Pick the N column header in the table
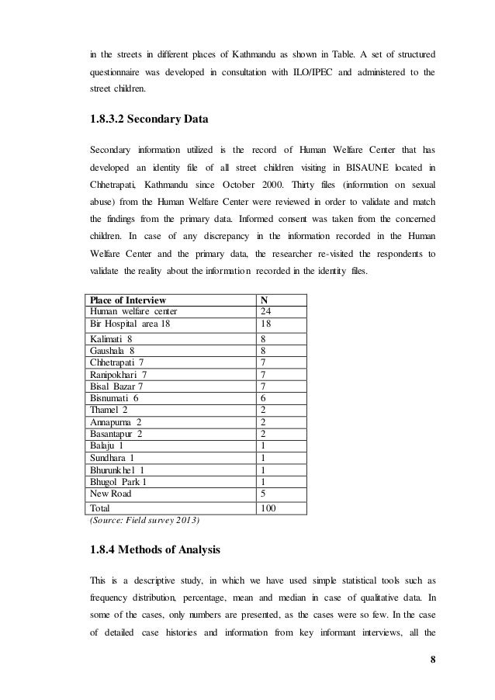pos(263,300)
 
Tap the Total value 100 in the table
pos(268,508)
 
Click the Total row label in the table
pos(102,508)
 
